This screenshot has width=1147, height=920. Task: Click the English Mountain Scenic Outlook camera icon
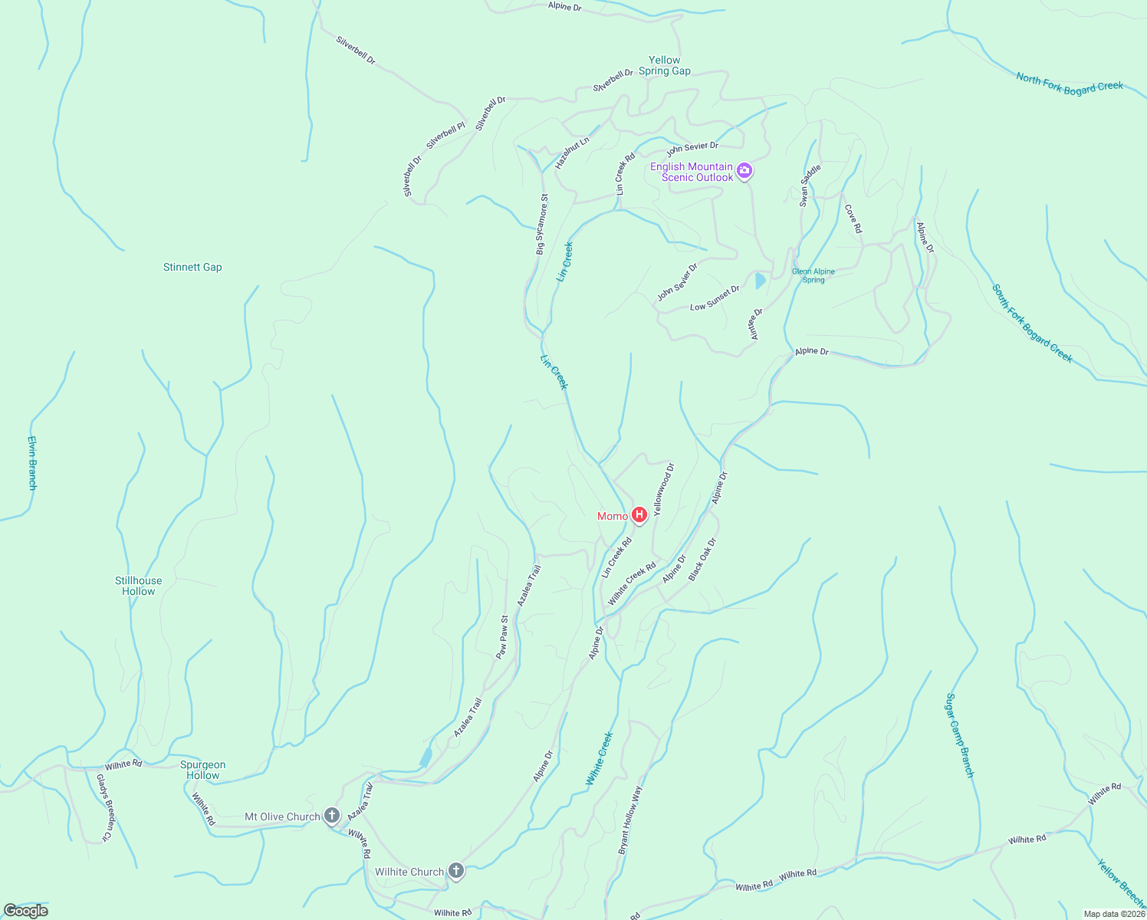(744, 171)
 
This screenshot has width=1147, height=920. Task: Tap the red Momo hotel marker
(639, 515)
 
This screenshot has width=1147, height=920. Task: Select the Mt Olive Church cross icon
(332, 816)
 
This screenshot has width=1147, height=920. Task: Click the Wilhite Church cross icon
(456, 871)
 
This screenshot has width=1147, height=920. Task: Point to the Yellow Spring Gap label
(664, 65)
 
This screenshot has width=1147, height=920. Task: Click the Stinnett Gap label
(192, 267)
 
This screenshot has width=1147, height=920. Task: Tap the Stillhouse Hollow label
(139, 586)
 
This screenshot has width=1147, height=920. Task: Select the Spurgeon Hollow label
(203, 770)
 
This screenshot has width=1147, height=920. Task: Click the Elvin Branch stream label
(32, 462)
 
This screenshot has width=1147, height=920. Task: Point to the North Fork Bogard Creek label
(1069, 83)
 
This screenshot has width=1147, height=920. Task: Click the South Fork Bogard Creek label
(1032, 323)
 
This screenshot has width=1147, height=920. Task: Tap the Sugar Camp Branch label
(959, 735)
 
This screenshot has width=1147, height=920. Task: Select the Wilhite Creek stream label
(600, 758)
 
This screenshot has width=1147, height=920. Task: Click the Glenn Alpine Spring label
(813, 276)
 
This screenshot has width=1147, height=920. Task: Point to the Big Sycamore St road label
(542, 224)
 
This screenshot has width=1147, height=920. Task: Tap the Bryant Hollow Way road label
(630, 820)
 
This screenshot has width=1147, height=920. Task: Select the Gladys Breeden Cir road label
(104, 807)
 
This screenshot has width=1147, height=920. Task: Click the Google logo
(26, 911)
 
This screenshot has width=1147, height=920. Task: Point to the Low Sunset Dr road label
(715, 298)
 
